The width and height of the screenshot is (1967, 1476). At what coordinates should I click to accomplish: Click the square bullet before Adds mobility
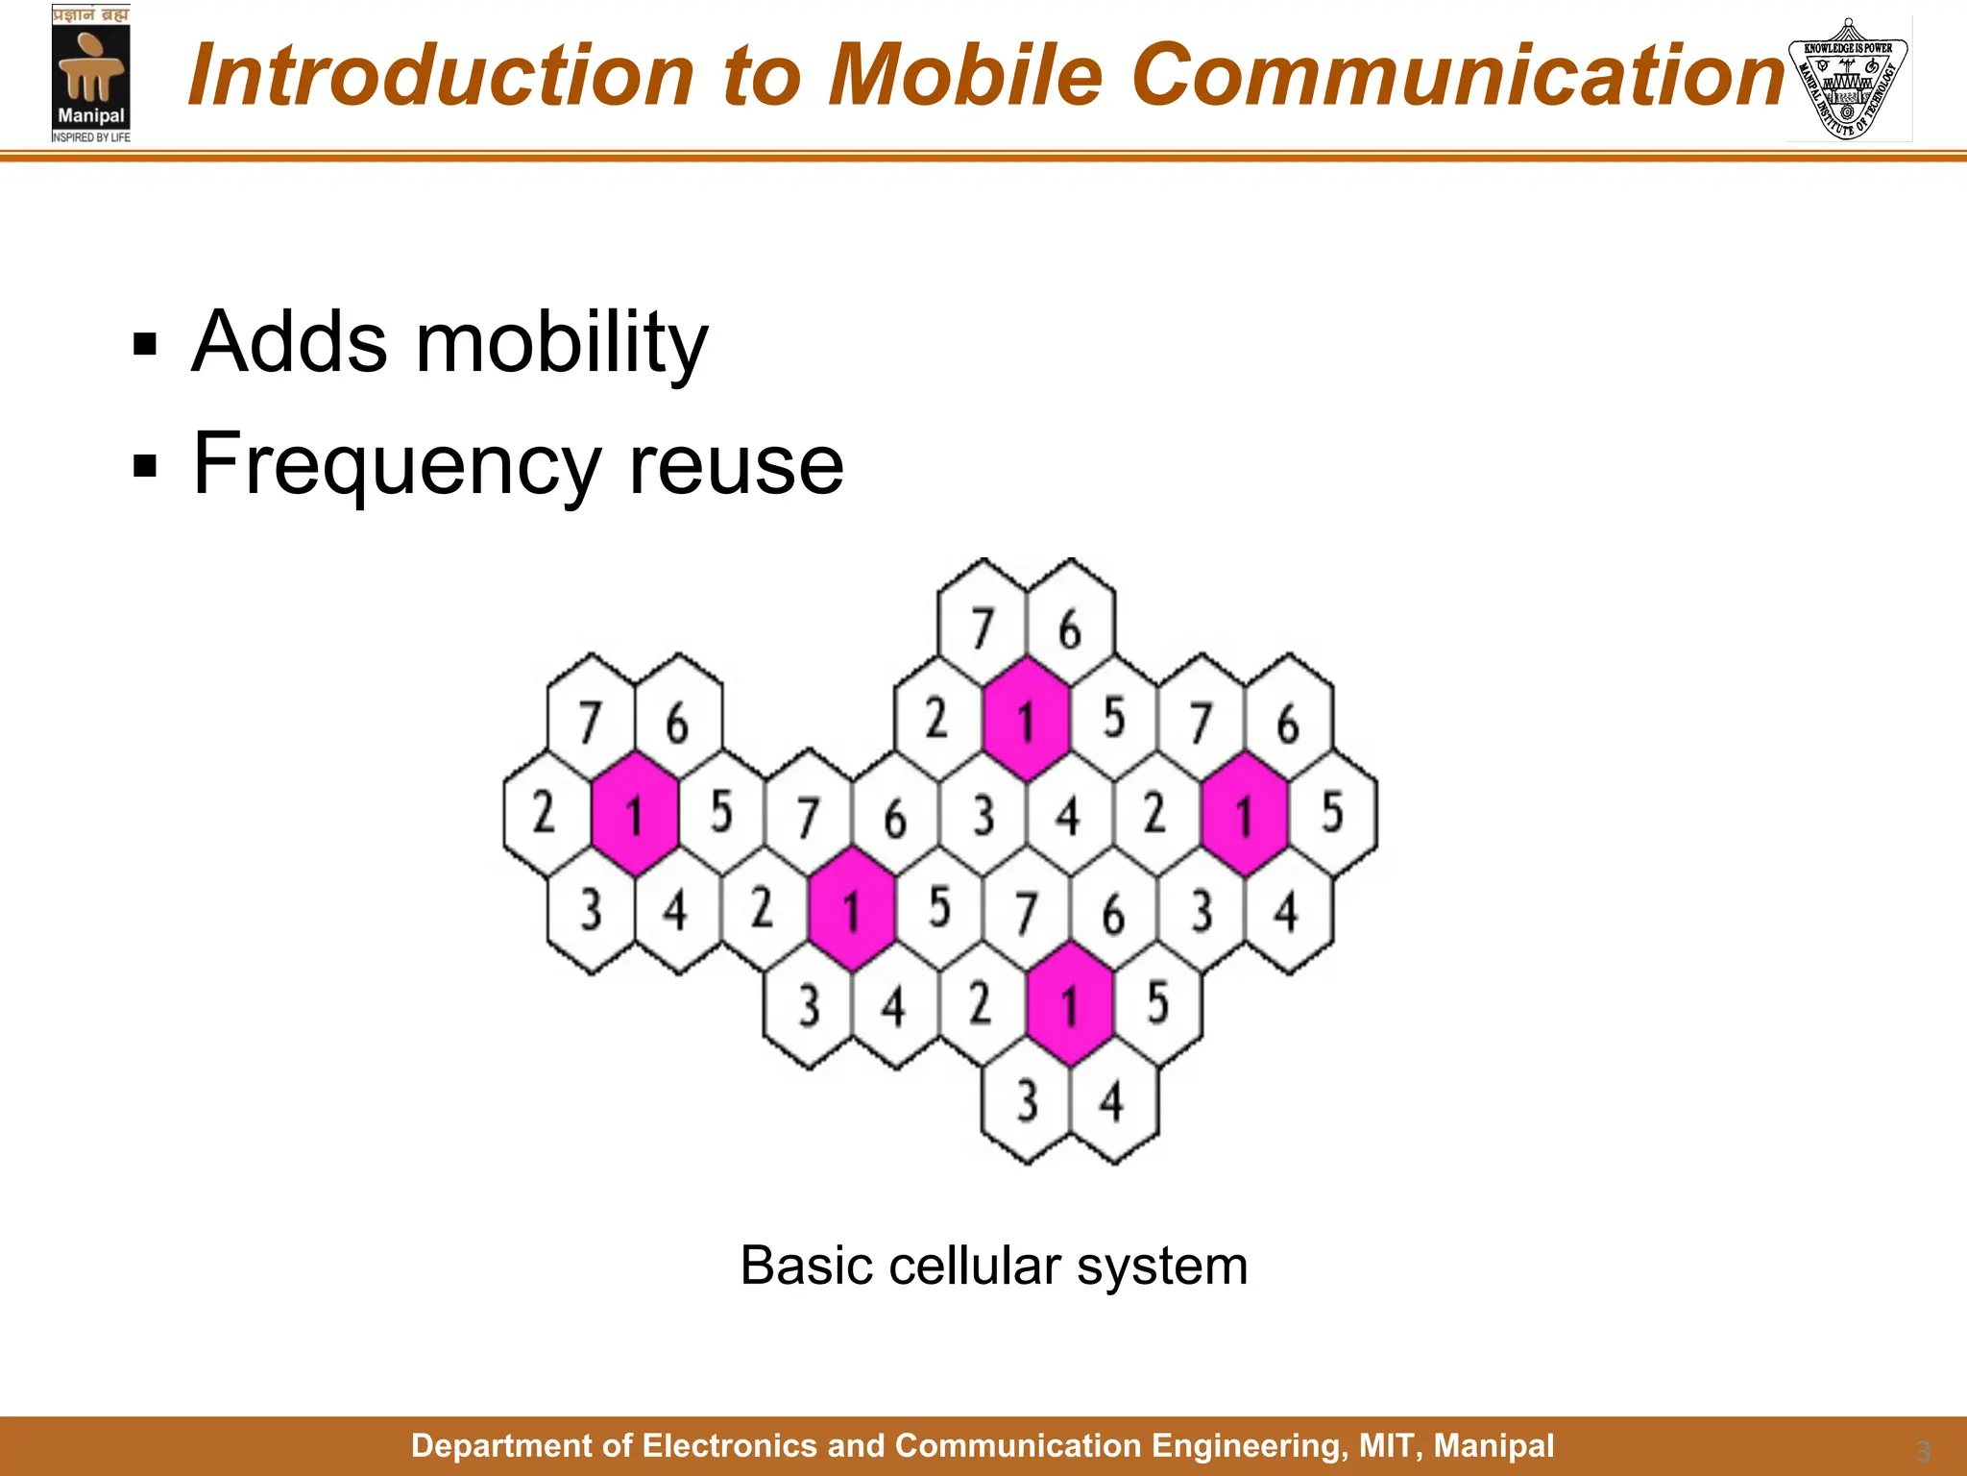[x=145, y=344]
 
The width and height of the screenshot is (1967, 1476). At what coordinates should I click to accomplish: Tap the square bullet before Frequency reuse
[x=145, y=466]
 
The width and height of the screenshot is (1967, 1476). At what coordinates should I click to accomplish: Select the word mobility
[x=561, y=344]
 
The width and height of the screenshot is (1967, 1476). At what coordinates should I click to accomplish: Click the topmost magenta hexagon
[x=1026, y=719]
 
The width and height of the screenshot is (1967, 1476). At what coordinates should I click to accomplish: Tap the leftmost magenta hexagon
[x=634, y=813]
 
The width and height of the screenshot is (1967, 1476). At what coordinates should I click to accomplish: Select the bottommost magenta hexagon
[x=1069, y=1003]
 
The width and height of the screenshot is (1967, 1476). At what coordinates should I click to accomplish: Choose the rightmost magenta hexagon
[x=1244, y=813]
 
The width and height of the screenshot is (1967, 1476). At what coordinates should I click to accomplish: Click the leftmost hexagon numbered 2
[x=546, y=813]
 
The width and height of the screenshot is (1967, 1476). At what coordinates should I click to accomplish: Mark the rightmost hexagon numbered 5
[x=1332, y=813]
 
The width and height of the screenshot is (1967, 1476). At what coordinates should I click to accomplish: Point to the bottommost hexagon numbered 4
[x=1113, y=1099]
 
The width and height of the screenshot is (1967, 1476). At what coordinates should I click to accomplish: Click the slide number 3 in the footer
[x=1923, y=1451]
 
